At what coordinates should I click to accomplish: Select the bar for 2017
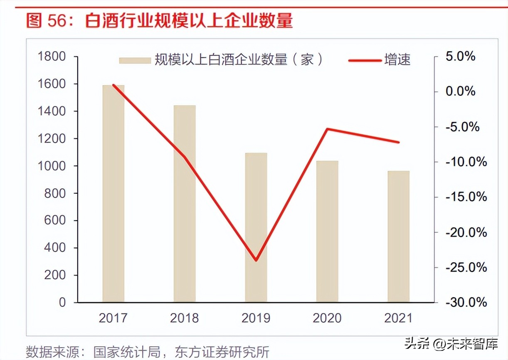coord(113,193)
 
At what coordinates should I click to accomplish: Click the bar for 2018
coord(185,204)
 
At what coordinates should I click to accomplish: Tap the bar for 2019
coord(256,227)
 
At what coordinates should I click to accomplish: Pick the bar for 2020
coord(327,231)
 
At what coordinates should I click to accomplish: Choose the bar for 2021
coord(398,236)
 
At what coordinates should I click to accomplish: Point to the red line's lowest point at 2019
coord(256,261)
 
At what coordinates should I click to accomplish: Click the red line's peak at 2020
coord(328,129)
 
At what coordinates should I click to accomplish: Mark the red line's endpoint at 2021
coord(399,142)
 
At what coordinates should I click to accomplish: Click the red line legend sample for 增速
coord(365,60)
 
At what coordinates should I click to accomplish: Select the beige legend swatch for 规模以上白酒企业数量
coord(135,60)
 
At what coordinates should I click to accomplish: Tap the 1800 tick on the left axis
coord(52,57)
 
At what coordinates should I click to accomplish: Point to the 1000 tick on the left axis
coord(52,166)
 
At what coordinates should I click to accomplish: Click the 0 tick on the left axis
coord(62,303)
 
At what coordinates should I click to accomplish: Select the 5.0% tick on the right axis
coord(460,57)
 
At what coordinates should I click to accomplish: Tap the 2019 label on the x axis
coord(256,318)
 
